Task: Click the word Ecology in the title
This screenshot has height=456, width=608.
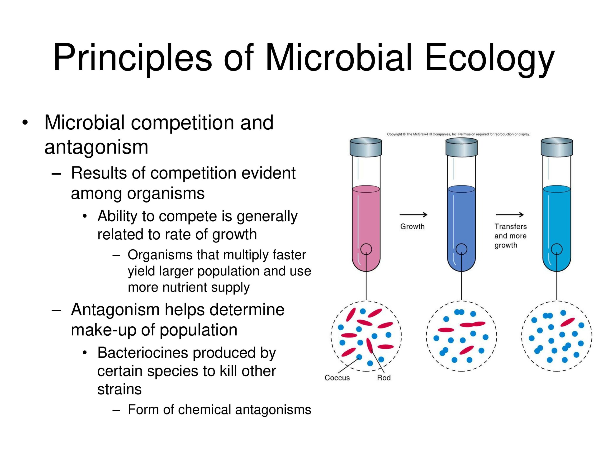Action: tap(489, 58)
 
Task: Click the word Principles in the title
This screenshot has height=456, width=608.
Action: tap(133, 58)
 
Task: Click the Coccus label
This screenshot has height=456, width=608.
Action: tap(337, 378)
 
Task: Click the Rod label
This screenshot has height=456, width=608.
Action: tap(384, 378)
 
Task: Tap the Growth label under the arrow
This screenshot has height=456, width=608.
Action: tap(412, 227)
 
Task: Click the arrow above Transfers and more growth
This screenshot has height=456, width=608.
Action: tap(510, 215)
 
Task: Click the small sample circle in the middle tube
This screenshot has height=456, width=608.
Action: tap(461, 249)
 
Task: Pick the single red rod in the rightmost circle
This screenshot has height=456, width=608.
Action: tap(567, 322)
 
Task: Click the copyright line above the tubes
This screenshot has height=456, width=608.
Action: tap(458, 134)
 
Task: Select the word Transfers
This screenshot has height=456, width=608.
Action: tap(510, 227)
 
